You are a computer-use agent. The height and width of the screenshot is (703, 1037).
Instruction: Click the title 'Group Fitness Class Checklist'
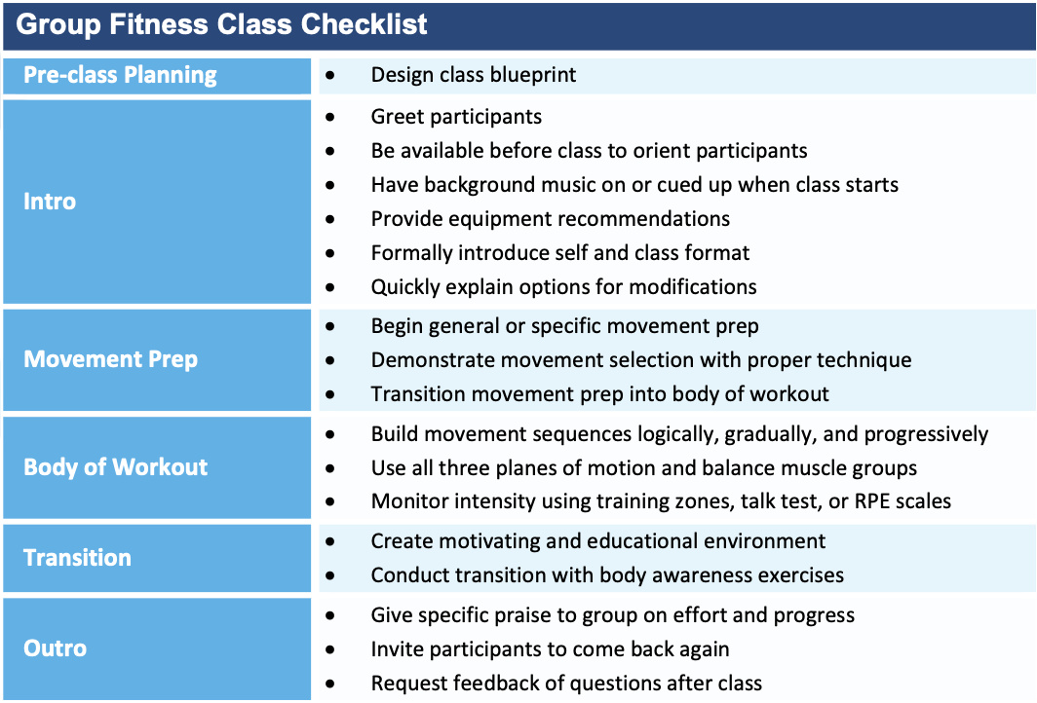[221, 24]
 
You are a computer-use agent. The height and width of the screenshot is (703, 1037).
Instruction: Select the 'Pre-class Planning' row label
[120, 75]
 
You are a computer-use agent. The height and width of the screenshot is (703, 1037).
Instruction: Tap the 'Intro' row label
[50, 201]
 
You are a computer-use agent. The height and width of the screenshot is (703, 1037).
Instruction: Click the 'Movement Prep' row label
[110, 358]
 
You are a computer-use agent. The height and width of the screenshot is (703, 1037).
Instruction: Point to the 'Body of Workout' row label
[115, 467]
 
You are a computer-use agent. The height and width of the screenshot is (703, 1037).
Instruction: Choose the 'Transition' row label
[77, 558]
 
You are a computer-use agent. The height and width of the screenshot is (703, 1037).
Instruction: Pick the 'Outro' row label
[55, 648]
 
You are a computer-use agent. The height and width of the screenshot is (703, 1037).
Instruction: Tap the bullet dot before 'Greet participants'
[330, 117]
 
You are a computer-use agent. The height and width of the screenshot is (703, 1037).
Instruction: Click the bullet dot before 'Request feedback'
[330, 684]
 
